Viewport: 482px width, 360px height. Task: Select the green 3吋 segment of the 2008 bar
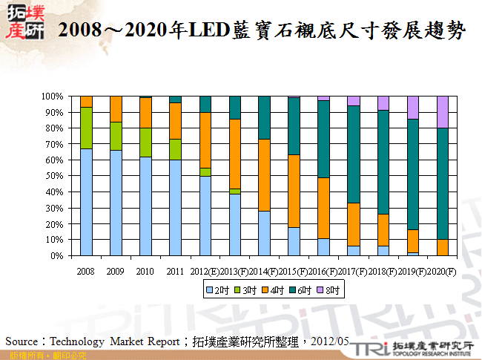[86, 128]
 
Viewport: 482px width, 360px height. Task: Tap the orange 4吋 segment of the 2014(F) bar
[264, 175]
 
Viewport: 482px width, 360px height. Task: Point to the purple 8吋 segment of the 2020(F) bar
[443, 112]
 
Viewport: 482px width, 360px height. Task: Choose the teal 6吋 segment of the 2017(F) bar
[354, 154]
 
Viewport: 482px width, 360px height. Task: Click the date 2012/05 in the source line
[331, 341]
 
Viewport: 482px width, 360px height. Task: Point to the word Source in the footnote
[22, 341]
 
